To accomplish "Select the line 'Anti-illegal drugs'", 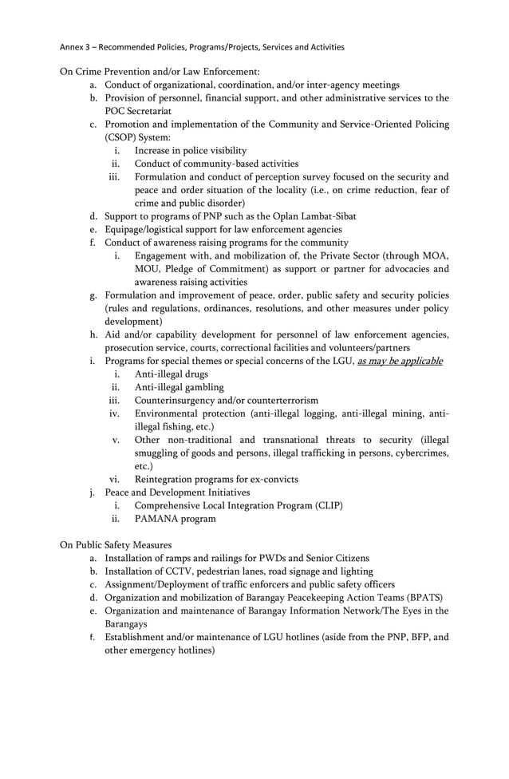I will click(x=172, y=374).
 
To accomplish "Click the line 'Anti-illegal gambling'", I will click(x=180, y=387).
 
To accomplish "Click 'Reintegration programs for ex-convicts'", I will click(x=216, y=479).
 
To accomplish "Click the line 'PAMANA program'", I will click(x=175, y=519).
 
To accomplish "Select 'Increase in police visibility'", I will click(x=191, y=150).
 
